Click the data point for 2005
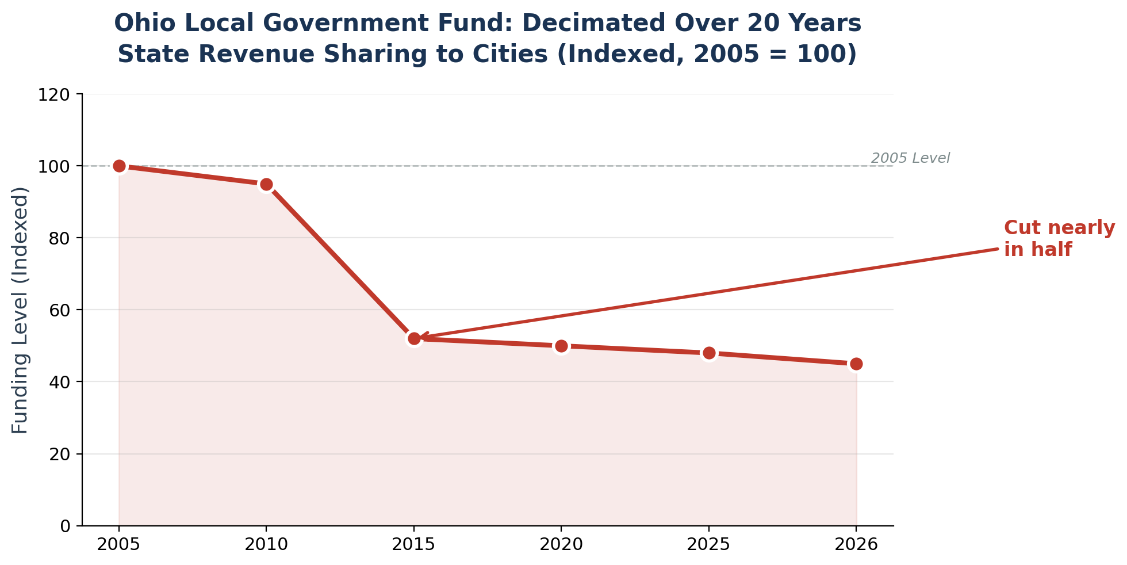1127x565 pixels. [119, 166]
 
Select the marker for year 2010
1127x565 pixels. [266, 184]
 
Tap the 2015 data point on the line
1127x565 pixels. [414, 339]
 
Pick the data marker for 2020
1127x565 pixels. [561, 346]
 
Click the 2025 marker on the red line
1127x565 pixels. [709, 353]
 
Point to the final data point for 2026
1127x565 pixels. [856, 364]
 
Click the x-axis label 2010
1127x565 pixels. [266, 544]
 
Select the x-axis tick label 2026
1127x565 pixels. [856, 544]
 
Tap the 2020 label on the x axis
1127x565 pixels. [561, 544]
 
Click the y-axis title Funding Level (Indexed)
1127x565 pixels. [20, 310]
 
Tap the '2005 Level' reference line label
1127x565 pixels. [910, 158]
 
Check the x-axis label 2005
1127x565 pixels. [119, 544]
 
